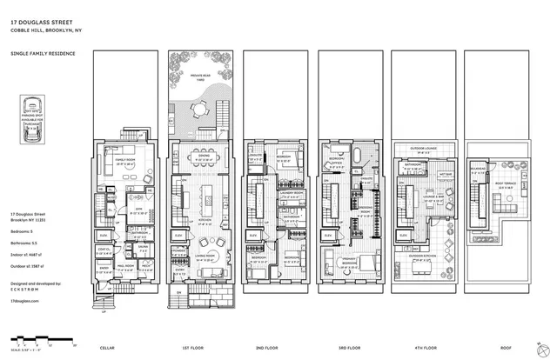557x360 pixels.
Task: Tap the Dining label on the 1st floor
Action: pos(205,157)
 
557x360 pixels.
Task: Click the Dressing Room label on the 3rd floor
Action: pos(366,210)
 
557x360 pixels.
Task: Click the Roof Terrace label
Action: pos(507,183)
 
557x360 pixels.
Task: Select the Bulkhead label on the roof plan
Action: pos(478,170)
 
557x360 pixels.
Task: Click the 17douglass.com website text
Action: pos(25,297)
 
